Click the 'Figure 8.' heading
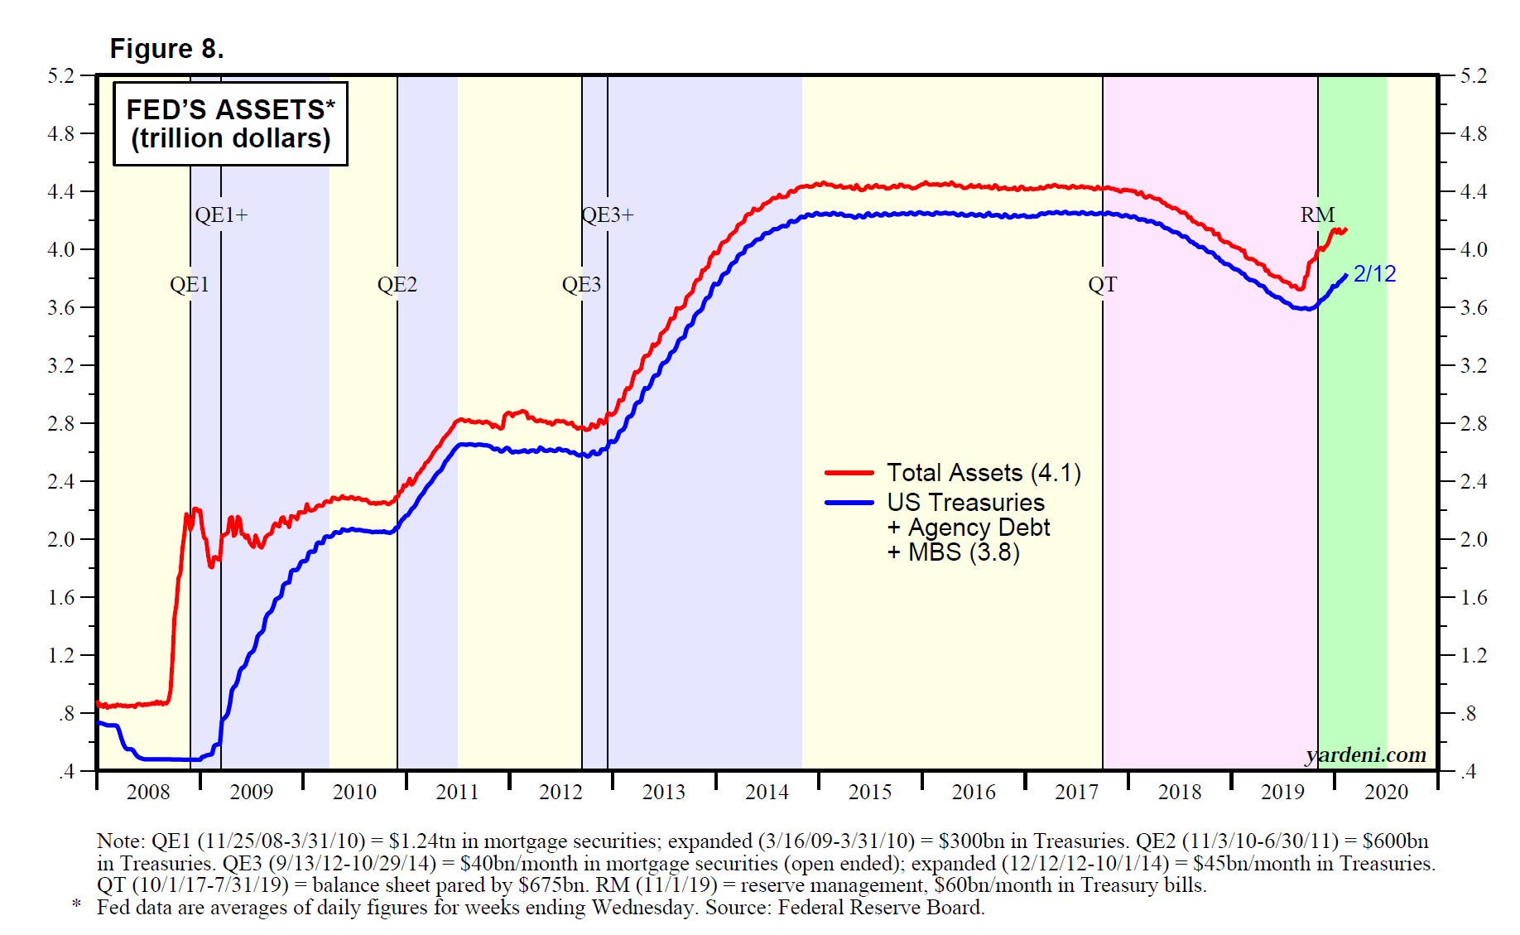pyautogui.click(x=166, y=49)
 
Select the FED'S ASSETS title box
pyautogui.click(x=230, y=123)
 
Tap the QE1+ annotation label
pyautogui.click(x=221, y=215)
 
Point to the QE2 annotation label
pyautogui.click(x=397, y=285)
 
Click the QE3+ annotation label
pyautogui.click(x=608, y=215)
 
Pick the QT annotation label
pyautogui.click(x=1102, y=285)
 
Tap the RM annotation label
pyautogui.click(x=1317, y=215)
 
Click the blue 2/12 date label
pyautogui.click(x=1374, y=274)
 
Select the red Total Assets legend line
pyautogui.click(x=849, y=473)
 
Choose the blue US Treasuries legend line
pyautogui.click(x=849, y=503)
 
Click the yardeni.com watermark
pyautogui.click(x=1365, y=754)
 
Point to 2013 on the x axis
pyautogui.click(x=664, y=793)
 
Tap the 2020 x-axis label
pyautogui.click(x=1386, y=793)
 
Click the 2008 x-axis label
pyautogui.click(x=148, y=793)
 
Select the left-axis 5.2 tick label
pyautogui.click(x=60, y=76)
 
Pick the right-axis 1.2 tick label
pyautogui.click(x=1473, y=656)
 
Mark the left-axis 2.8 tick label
pyautogui.click(x=60, y=424)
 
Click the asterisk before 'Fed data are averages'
pyautogui.click(x=77, y=904)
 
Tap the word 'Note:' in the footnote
pyautogui.click(x=121, y=841)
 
